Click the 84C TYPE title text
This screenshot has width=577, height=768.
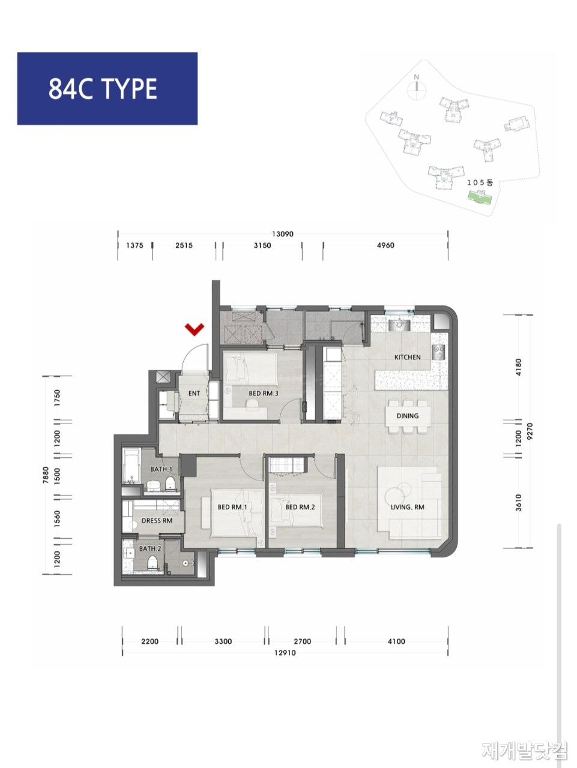pyautogui.click(x=103, y=89)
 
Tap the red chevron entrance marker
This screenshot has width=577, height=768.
pyautogui.click(x=195, y=329)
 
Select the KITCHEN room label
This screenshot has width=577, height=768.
pyautogui.click(x=407, y=357)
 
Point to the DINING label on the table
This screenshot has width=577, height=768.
pyautogui.click(x=407, y=416)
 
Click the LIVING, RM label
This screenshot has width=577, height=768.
pyautogui.click(x=407, y=507)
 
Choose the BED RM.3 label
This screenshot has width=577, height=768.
pyautogui.click(x=264, y=393)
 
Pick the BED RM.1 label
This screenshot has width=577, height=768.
pyautogui.click(x=232, y=507)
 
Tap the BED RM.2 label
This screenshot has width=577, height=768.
pyautogui.click(x=300, y=507)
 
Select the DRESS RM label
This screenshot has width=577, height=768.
pyautogui.click(x=157, y=521)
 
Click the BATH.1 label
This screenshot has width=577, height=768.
pyautogui.click(x=161, y=469)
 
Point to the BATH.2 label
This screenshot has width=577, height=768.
pyautogui.click(x=150, y=548)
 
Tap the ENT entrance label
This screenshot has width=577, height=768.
pyautogui.click(x=194, y=393)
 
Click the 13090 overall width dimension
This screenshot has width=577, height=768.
pyautogui.click(x=283, y=234)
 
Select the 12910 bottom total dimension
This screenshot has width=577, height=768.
pyautogui.click(x=285, y=653)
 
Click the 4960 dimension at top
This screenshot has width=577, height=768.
pyautogui.click(x=385, y=245)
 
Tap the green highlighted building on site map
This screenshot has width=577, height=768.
pyautogui.click(x=480, y=198)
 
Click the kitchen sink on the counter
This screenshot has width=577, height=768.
pyautogui.click(x=399, y=325)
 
